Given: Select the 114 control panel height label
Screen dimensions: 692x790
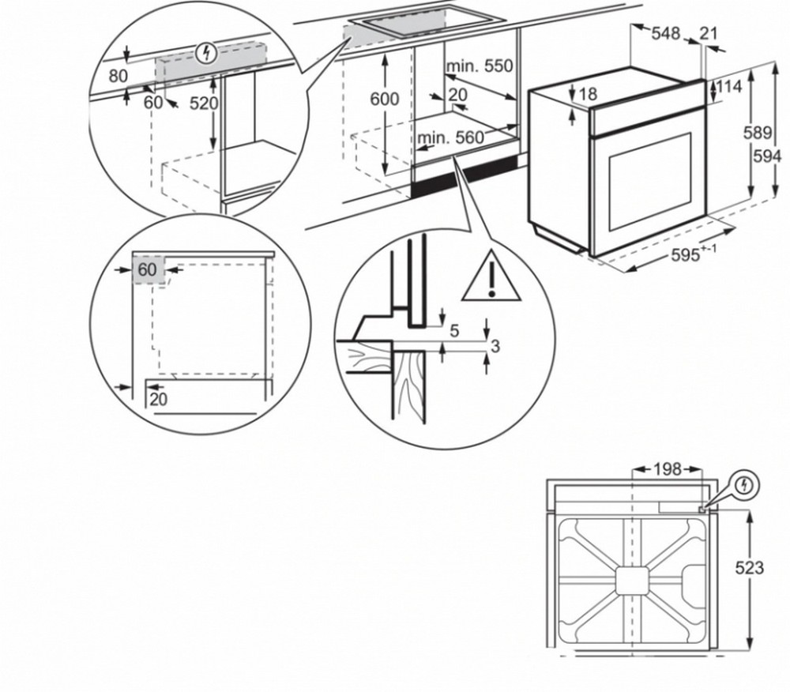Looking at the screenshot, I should [x=730, y=86].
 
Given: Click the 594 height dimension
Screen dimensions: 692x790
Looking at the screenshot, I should [x=767, y=156].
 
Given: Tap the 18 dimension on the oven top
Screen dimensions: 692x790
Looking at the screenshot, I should [x=588, y=94].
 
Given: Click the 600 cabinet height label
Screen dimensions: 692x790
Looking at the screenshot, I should [x=385, y=100].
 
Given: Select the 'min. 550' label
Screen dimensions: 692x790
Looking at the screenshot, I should [x=479, y=66].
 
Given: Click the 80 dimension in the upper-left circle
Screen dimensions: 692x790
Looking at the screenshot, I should [x=118, y=77].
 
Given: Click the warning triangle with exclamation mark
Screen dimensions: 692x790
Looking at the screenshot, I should [x=490, y=279].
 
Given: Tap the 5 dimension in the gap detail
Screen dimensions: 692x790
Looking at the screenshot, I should [x=453, y=330].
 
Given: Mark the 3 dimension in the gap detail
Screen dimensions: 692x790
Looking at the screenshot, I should [x=495, y=345].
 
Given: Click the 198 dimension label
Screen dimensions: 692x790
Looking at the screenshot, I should [x=667, y=469].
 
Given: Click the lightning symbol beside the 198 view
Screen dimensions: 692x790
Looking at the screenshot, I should [x=745, y=483].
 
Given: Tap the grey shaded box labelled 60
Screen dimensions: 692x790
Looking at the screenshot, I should [x=148, y=269].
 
